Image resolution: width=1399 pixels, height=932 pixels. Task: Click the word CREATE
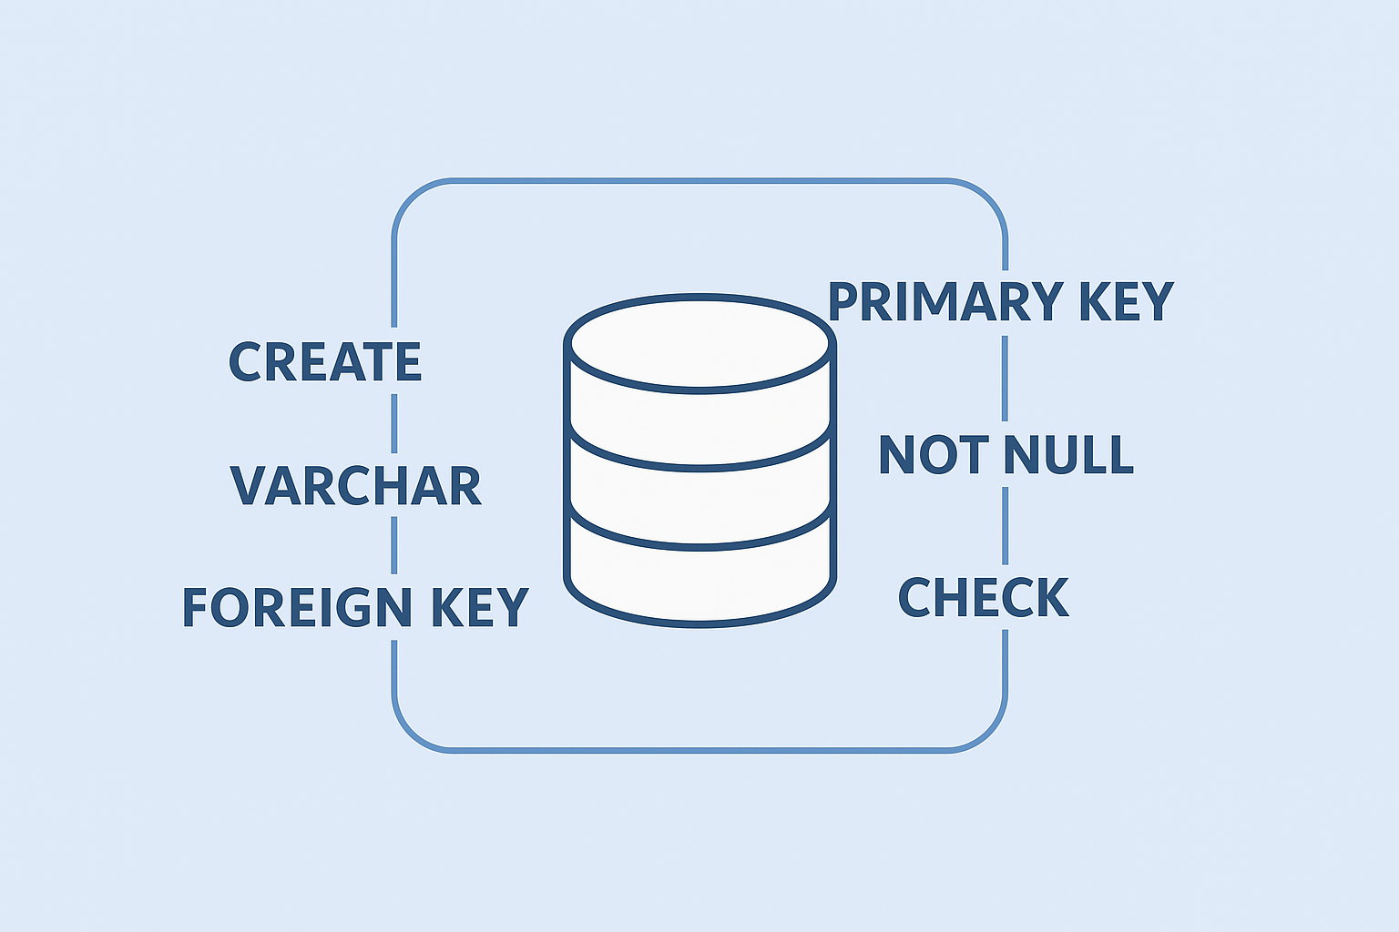(x=324, y=362)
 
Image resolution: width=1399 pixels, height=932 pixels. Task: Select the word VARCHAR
(x=355, y=486)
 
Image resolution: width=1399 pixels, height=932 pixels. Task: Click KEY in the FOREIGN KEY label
(x=479, y=607)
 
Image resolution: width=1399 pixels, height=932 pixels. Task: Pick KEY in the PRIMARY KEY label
(x=1126, y=302)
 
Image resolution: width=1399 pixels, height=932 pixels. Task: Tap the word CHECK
(x=983, y=597)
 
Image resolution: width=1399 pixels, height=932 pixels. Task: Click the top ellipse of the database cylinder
(x=699, y=343)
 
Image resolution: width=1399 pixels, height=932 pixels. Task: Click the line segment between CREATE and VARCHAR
(x=394, y=423)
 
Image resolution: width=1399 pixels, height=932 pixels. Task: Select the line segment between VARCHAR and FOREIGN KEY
(x=394, y=545)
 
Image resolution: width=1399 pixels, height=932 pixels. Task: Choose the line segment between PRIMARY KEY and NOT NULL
(x=1005, y=378)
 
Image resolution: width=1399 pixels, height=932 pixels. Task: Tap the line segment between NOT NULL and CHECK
(x=1005, y=525)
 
